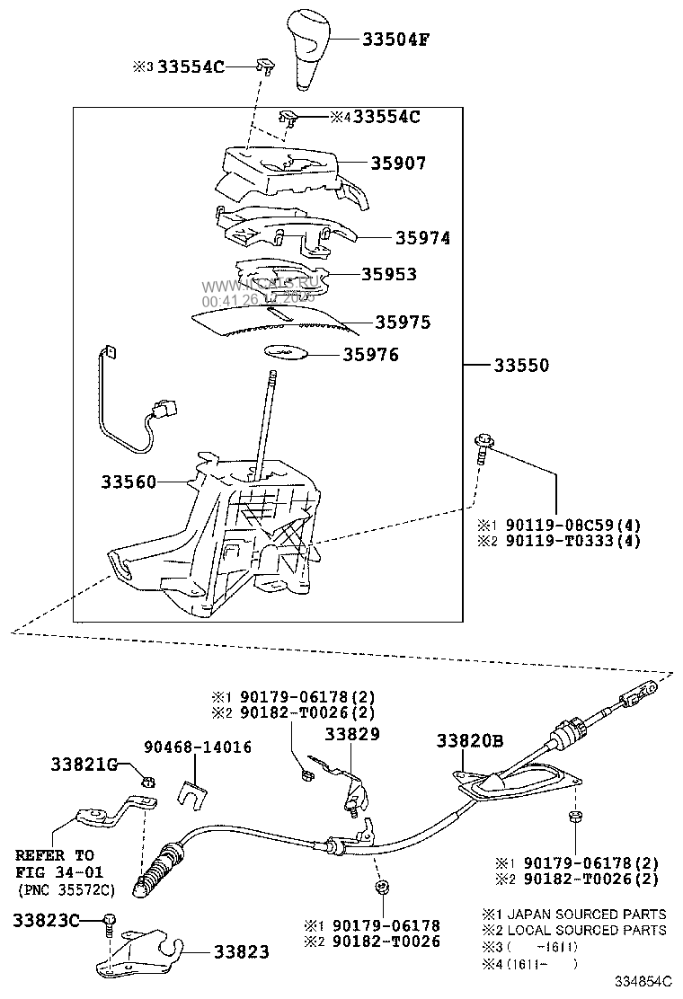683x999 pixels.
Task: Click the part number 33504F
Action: click(x=396, y=40)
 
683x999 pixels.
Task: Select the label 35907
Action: click(x=398, y=164)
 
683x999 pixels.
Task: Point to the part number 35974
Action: click(x=422, y=238)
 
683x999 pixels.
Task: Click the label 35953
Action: click(x=389, y=274)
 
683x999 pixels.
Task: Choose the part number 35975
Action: click(x=403, y=322)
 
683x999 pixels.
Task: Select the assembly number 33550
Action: click(x=520, y=366)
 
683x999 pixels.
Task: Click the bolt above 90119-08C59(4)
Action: click(x=481, y=446)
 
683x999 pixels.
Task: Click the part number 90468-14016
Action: click(x=198, y=747)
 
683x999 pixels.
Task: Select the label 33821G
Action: click(x=84, y=765)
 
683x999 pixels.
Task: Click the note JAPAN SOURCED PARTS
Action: click(x=581, y=914)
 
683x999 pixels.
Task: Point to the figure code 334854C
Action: click(x=643, y=982)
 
